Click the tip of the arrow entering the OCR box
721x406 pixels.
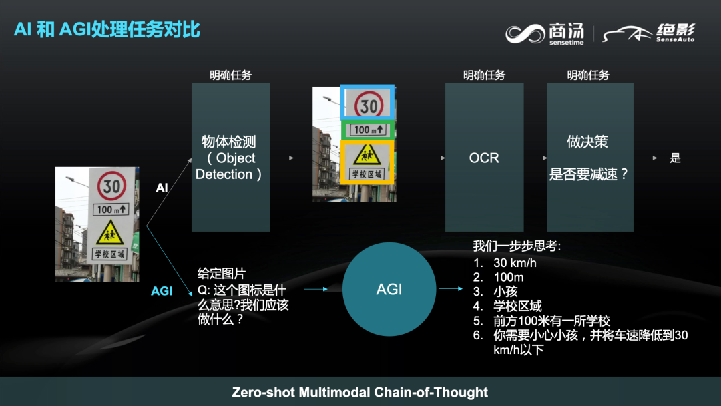(445, 158)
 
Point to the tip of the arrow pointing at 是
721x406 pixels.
(658, 158)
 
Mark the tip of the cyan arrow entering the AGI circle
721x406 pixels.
(328, 289)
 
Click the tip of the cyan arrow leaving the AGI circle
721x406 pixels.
(463, 288)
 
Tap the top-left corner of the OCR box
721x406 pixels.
(445, 83)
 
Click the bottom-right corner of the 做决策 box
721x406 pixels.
(633, 231)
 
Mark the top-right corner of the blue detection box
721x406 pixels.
(394, 85)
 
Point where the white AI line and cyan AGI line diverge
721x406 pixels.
(147, 226)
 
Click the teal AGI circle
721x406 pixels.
(389, 289)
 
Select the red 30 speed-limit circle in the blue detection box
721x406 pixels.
(369, 104)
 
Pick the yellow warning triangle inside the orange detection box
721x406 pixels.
(367, 154)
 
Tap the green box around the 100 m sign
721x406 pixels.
(367, 130)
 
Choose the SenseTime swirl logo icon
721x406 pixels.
(525, 34)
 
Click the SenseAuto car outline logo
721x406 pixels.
(627, 33)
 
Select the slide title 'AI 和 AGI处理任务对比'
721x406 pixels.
(107, 29)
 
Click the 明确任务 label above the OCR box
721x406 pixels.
(484, 75)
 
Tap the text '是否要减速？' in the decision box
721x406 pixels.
(589, 174)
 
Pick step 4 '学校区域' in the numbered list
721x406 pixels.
(517, 306)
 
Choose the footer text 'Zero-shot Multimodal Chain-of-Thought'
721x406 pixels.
(360, 392)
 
